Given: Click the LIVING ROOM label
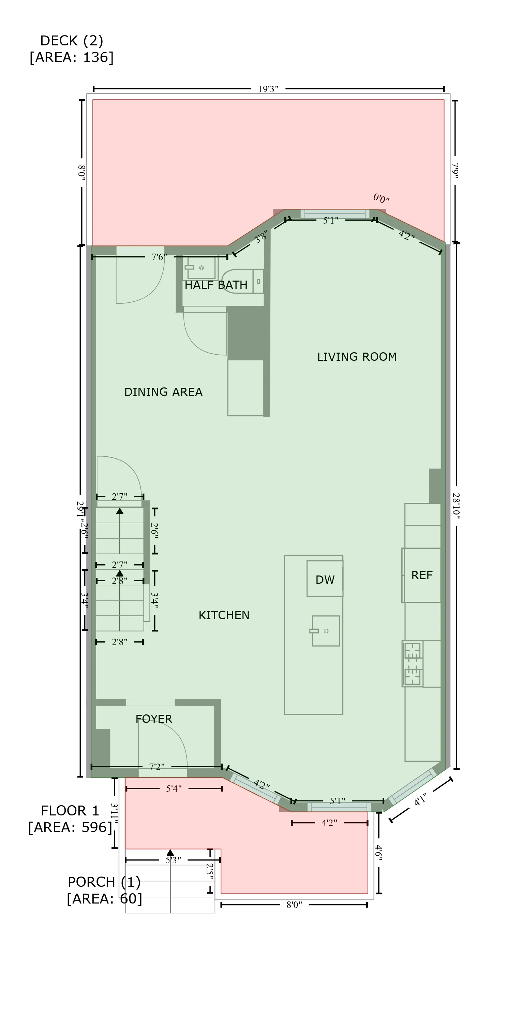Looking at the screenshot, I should tap(356, 357).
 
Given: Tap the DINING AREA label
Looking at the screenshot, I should tap(163, 392).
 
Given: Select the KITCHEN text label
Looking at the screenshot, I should tap(224, 615).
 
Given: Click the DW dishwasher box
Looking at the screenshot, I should tap(325, 579).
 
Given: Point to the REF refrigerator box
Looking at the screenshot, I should tap(422, 575).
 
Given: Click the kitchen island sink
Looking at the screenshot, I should tap(325, 631).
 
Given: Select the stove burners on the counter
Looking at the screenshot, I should tap(412, 664).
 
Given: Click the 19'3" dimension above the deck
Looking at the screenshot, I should tap(268, 89).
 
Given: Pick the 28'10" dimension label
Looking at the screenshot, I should tap(456, 506).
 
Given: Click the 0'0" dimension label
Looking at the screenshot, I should tap(381, 198).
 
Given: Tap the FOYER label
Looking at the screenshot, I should tap(154, 719).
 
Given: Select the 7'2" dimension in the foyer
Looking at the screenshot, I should tap(157, 766).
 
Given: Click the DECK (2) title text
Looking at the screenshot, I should tap(72, 41).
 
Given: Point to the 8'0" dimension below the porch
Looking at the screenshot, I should tap(294, 905).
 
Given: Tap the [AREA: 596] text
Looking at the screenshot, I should tap(70, 827).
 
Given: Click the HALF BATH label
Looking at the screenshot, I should tap(216, 285).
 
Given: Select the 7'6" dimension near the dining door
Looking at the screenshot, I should tap(159, 257).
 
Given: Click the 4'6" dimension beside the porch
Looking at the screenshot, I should tap(378, 853).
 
